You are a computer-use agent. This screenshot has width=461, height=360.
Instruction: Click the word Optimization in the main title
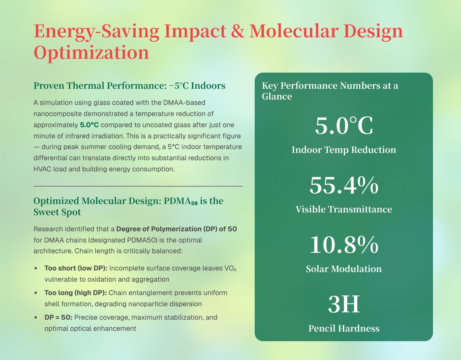tap(91, 53)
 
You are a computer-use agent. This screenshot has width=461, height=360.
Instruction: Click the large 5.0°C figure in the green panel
tap(344, 126)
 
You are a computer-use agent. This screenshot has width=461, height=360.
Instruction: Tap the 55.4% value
tap(344, 186)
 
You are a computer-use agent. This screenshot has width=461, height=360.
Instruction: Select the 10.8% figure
tap(344, 246)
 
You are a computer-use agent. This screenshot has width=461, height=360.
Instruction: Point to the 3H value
tap(344, 305)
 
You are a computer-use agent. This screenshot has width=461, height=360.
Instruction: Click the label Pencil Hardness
tap(344, 328)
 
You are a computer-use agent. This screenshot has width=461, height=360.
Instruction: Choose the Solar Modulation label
tap(344, 269)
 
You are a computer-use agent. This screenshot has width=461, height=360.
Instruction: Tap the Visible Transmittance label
tap(344, 209)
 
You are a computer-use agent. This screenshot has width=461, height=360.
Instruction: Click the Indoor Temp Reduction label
tap(344, 150)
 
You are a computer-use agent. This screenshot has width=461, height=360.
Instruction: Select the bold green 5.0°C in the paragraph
tap(89, 125)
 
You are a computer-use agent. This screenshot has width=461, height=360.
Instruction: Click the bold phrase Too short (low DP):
tap(76, 268)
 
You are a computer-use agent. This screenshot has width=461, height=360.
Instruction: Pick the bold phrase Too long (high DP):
tap(76, 293)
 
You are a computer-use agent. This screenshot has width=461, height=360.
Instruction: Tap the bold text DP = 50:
tap(58, 318)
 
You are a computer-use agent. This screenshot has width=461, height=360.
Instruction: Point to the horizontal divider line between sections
tap(138, 186)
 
